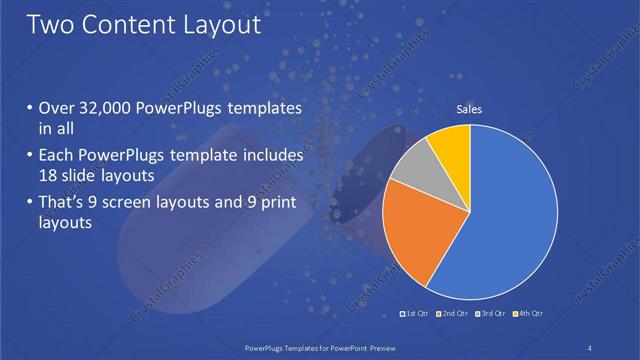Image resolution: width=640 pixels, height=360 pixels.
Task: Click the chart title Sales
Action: (470, 109)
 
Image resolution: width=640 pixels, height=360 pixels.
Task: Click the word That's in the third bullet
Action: (64, 204)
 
